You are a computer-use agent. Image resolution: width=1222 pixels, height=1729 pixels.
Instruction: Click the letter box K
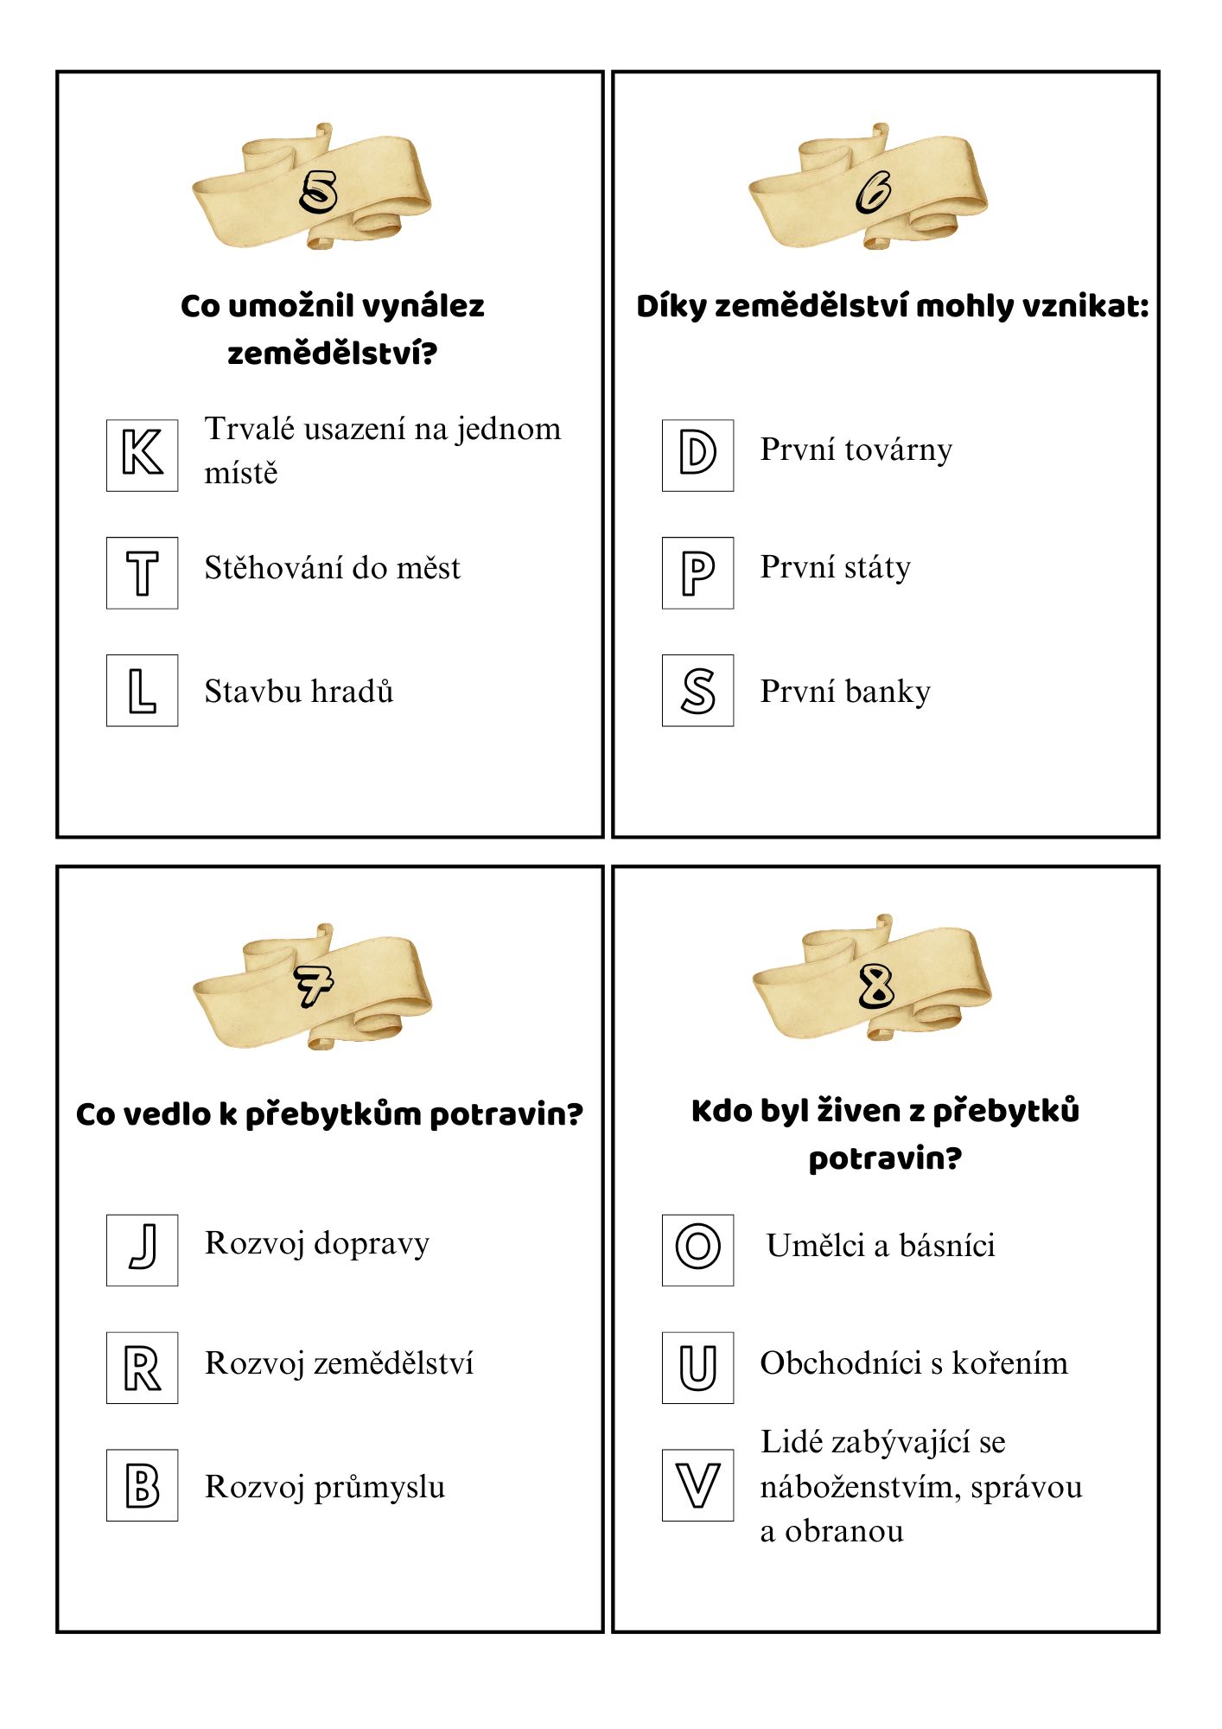[x=142, y=455]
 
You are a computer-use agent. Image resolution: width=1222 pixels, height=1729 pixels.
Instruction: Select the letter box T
[x=142, y=572]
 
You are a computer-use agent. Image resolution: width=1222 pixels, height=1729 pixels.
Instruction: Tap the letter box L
[x=142, y=690]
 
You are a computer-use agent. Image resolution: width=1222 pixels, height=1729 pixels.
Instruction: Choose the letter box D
[x=697, y=455]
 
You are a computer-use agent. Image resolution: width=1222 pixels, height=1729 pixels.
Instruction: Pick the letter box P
[x=697, y=572]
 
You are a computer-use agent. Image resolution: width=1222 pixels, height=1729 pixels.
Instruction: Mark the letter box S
[x=697, y=690]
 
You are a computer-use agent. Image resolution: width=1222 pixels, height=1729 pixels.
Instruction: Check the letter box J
[x=142, y=1249]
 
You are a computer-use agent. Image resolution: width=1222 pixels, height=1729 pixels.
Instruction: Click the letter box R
[x=142, y=1367]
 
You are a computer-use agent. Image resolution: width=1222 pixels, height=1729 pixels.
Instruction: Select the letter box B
[x=142, y=1484]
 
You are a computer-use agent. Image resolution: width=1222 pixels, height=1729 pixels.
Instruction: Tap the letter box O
[x=697, y=1249]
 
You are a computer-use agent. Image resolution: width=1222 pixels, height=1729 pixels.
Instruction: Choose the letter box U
[x=697, y=1367]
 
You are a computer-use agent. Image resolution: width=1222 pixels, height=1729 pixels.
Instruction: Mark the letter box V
[x=697, y=1484]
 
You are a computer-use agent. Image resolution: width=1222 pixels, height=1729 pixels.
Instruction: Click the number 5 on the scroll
[x=318, y=191]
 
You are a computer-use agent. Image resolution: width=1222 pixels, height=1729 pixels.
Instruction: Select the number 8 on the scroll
[x=876, y=986]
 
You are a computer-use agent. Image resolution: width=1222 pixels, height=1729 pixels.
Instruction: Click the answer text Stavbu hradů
[x=299, y=692]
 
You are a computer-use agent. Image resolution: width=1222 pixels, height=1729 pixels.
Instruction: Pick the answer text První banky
[x=845, y=692]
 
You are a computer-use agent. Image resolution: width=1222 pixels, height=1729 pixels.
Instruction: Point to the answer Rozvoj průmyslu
[x=325, y=1487]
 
